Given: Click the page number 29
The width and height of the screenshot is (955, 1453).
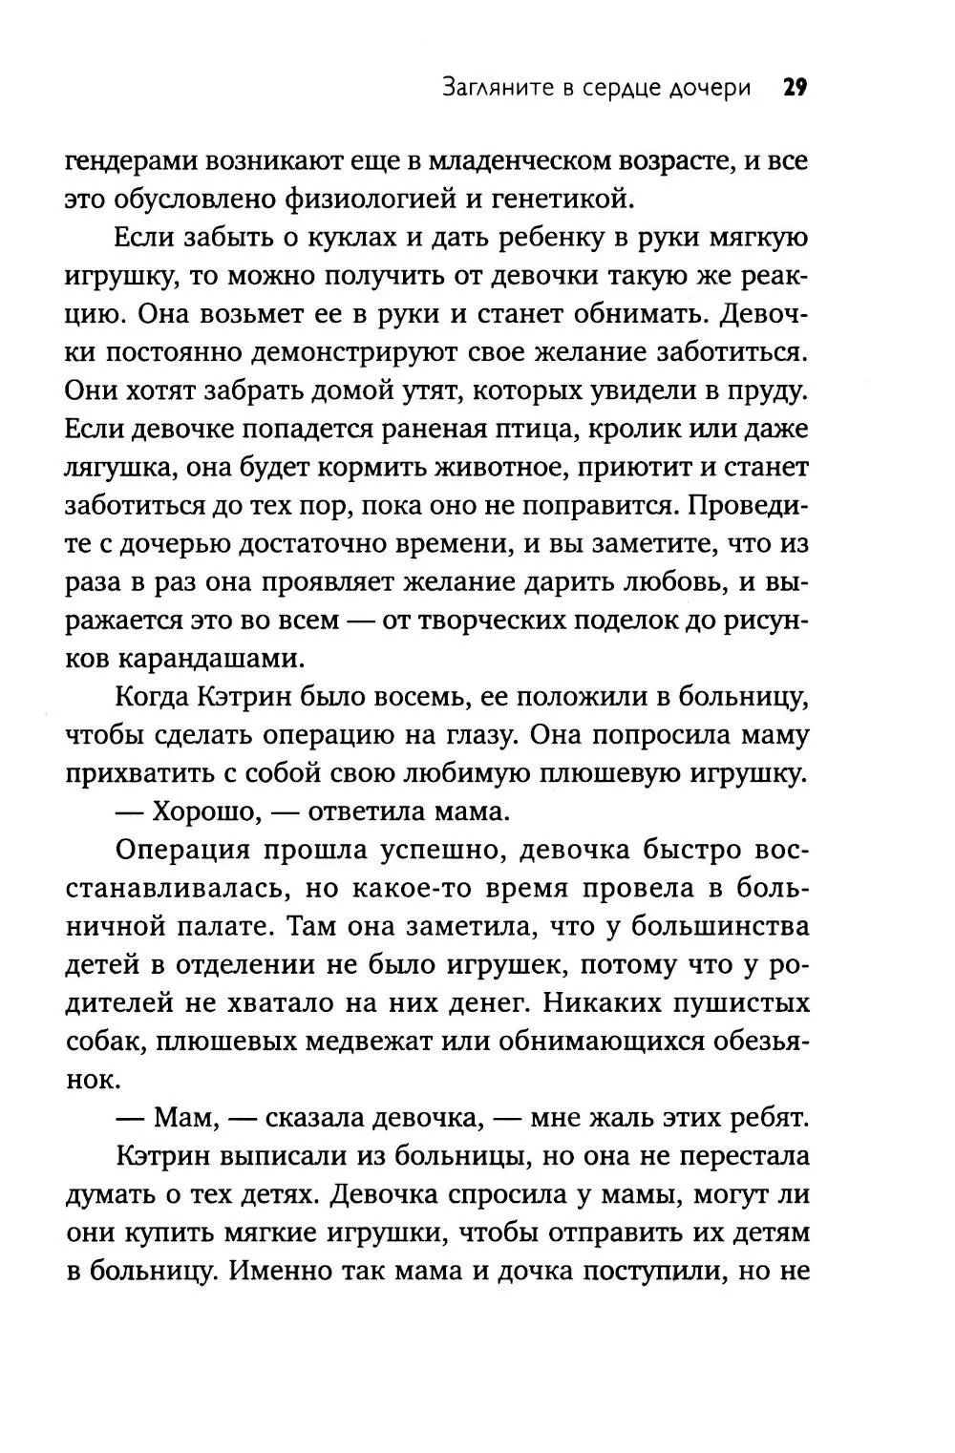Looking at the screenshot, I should [796, 89].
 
